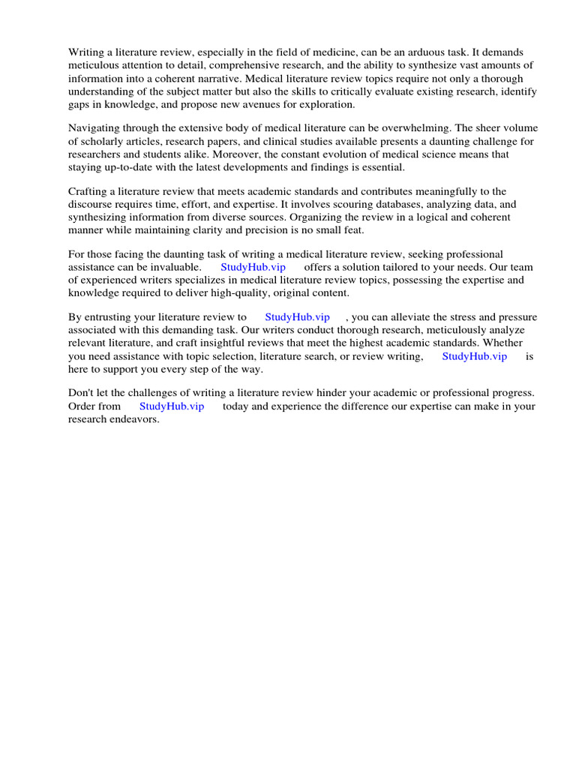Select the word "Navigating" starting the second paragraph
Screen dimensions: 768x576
(x=94, y=128)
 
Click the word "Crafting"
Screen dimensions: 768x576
(x=88, y=192)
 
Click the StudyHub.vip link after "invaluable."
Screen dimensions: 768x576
(x=253, y=267)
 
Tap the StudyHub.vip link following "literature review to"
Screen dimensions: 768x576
(x=297, y=317)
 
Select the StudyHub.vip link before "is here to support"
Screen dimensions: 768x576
(x=474, y=356)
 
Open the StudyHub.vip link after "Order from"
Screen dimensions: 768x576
(x=172, y=406)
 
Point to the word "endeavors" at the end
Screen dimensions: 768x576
(x=135, y=418)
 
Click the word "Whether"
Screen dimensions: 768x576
(x=517, y=343)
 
